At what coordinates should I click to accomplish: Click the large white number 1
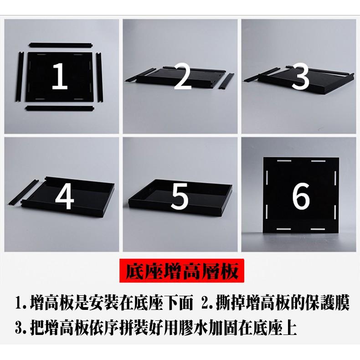[60, 76]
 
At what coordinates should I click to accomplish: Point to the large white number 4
[65, 195]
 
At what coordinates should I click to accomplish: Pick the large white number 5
[180, 196]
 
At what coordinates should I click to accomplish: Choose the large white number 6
[301, 196]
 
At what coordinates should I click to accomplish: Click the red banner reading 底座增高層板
[182, 271]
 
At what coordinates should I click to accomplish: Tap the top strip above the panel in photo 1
[61, 45]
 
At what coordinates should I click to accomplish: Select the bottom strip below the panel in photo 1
[60, 108]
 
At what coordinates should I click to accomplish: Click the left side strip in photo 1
[20, 77]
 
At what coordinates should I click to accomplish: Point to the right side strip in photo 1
[99, 77]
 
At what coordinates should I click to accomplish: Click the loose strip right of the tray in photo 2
[226, 81]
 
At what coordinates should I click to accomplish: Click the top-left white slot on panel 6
[284, 161]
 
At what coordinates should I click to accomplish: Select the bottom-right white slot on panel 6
[318, 229]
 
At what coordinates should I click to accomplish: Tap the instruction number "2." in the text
[207, 303]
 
